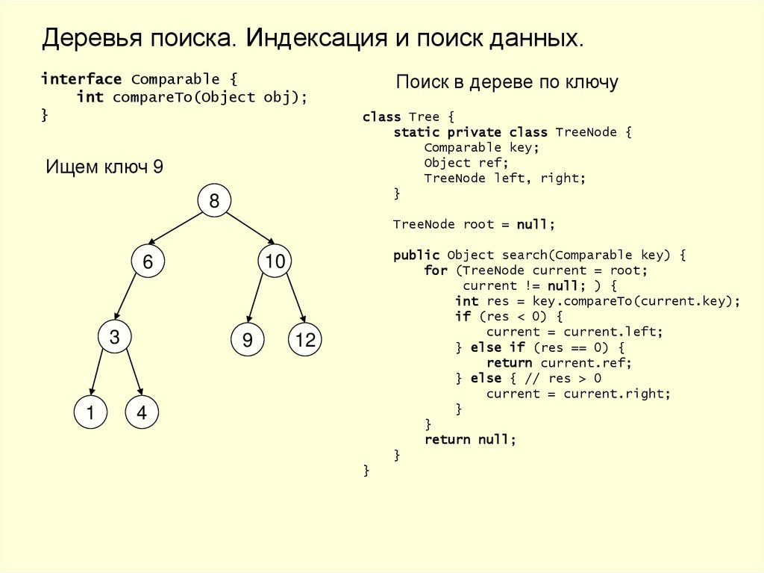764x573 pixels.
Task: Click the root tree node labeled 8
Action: [214, 201]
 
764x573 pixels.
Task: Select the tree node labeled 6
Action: [148, 262]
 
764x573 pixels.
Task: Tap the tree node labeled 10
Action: [275, 261]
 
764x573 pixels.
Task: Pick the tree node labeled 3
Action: [114, 338]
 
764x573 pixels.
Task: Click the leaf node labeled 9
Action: [247, 341]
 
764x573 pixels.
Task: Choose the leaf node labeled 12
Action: [305, 341]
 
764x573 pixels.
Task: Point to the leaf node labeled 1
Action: [91, 413]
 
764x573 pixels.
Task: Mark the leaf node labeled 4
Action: [142, 413]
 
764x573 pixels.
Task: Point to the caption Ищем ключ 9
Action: [104, 167]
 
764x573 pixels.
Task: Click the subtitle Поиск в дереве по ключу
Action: [507, 82]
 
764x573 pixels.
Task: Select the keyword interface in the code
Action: [81, 79]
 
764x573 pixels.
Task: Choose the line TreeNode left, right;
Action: [505, 178]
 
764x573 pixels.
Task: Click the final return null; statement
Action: [470, 439]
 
